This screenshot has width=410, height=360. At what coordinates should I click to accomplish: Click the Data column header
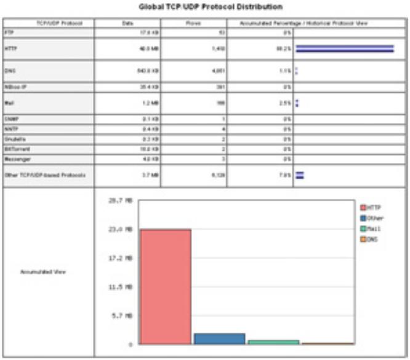coord(127,23)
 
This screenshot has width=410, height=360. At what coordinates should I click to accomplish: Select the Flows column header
coord(193,23)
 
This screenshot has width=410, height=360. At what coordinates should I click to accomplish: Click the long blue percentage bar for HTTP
coord(345,49)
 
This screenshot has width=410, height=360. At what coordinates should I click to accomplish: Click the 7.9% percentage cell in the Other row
coord(283,175)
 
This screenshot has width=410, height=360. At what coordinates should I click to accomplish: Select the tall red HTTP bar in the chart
coord(166,286)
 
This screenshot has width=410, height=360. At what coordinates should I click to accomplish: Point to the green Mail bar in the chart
coord(273,342)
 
